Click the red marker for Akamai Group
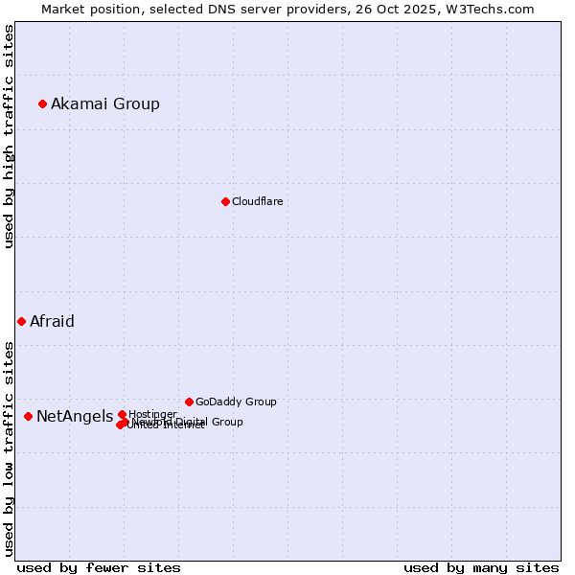point(42,103)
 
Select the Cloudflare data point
point(225,201)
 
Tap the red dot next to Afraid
point(21,321)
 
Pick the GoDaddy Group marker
point(189,402)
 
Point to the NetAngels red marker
point(28,416)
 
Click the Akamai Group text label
point(105,103)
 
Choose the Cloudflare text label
point(257,201)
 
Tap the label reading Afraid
point(52,321)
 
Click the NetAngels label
point(74,416)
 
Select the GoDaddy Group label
point(236,402)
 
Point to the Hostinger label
point(152,414)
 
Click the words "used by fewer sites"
point(99,567)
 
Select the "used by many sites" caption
point(481,567)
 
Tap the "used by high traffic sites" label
point(9,136)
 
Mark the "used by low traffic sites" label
point(9,448)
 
